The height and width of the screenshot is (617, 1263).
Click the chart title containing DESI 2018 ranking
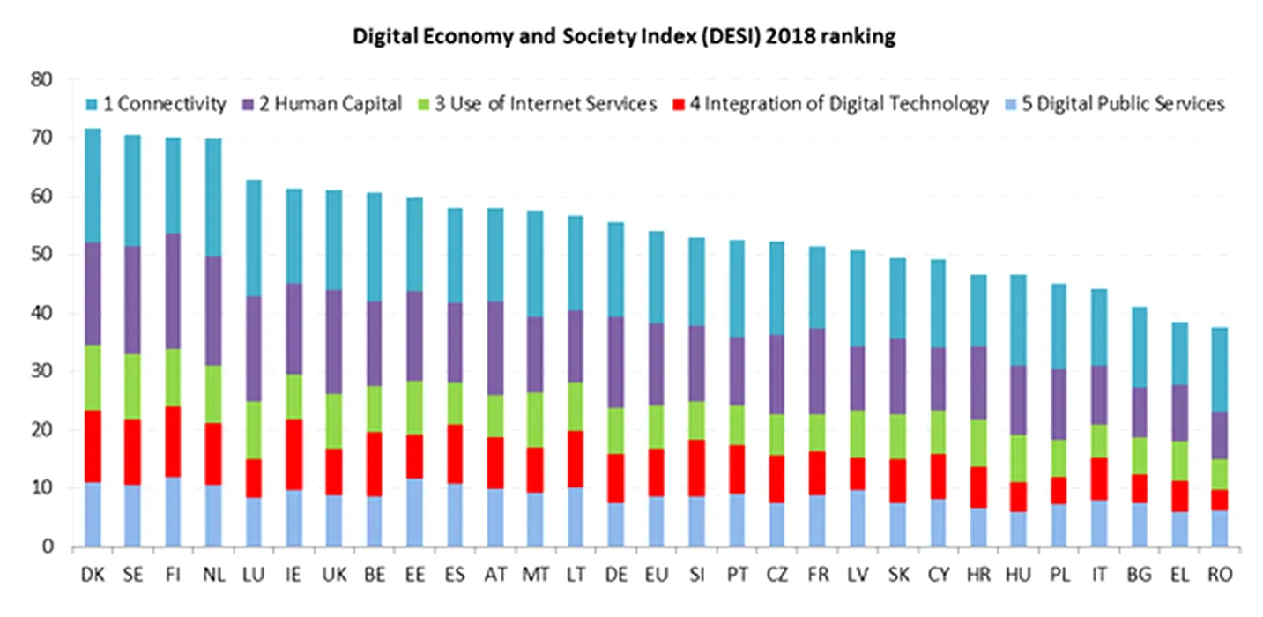click(x=624, y=37)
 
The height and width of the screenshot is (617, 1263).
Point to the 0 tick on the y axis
click(x=48, y=546)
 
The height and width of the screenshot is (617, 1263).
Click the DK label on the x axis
click(x=92, y=575)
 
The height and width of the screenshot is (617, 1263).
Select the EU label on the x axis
click(x=655, y=575)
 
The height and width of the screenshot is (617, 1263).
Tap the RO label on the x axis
click(x=1218, y=575)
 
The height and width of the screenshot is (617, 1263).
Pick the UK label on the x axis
click(x=333, y=575)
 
